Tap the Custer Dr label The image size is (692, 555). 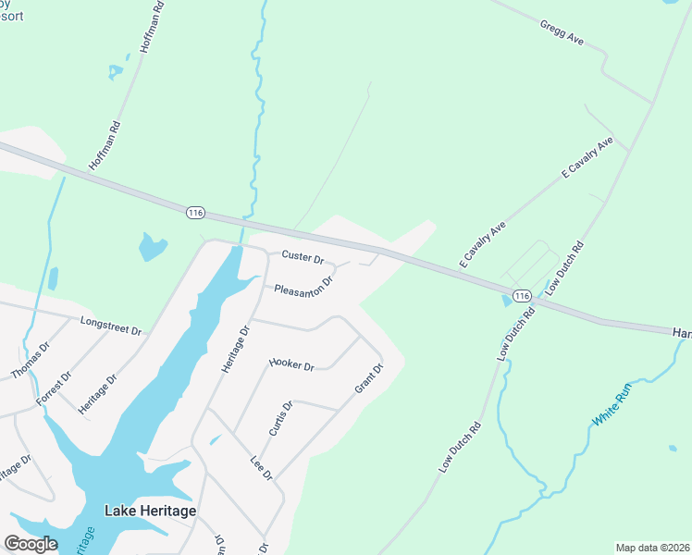coord(303,257)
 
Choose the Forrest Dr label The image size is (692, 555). coord(54,388)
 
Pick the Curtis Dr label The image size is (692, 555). coord(280,418)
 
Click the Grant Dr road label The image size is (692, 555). coord(369,378)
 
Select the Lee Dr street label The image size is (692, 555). coord(262,467)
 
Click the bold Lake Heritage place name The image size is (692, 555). coord(150,511)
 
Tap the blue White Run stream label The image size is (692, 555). coord(613,405)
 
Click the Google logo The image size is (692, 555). coord(31,543)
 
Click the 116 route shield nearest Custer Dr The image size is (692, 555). coord(194,213)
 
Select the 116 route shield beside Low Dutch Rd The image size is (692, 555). coord(523,296)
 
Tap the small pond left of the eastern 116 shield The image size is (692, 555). coord(506,298)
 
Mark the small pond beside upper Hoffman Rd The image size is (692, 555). coord(116,70)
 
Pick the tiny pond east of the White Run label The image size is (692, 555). coord(672,449)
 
